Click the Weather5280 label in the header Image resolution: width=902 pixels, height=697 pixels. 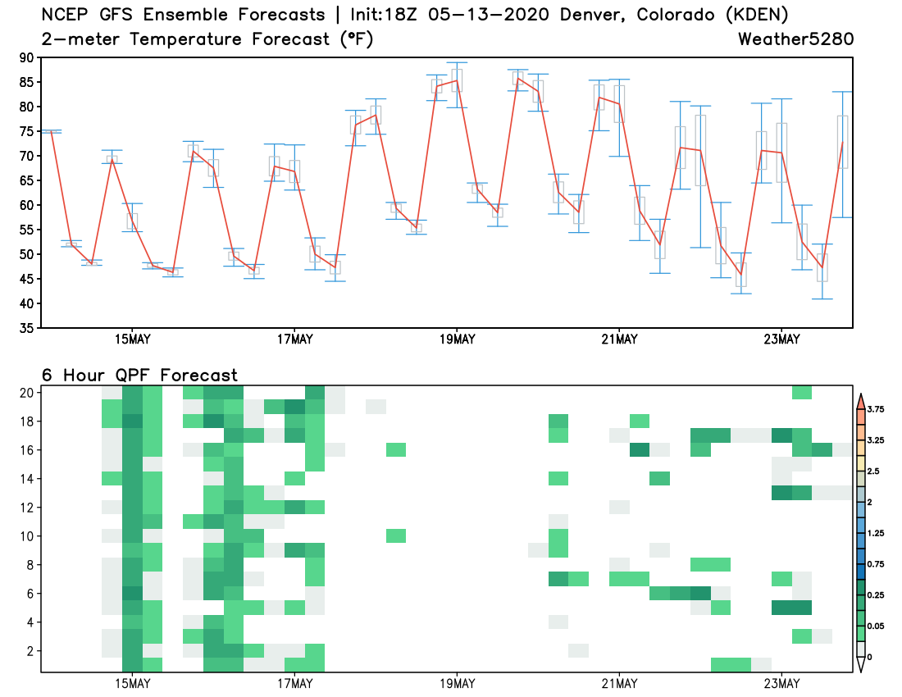pos(795,39)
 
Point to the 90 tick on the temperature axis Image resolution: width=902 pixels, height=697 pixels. pos(27,57)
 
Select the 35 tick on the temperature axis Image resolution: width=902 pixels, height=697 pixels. pos(27,328)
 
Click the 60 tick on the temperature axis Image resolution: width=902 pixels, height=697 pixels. pos(27,205)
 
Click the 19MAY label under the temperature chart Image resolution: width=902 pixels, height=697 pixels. pos(458,339)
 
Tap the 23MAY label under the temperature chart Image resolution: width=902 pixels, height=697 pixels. pos(781,339)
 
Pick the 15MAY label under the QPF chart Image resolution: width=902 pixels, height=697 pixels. pos(132,684)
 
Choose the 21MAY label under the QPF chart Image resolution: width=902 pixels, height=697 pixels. pos(620,684)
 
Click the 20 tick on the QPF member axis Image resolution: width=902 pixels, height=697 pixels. pos(27,393)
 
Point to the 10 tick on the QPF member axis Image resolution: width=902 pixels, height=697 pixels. pos(27,536)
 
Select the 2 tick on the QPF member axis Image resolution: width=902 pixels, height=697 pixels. pos(30,651)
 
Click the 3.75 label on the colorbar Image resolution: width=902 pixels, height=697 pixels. pos(876,409)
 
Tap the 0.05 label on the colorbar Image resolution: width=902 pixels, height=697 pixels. pos(876,626)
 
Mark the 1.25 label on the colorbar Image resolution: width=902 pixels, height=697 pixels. pos(876,533)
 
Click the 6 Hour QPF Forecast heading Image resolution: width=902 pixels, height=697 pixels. pos(139,376)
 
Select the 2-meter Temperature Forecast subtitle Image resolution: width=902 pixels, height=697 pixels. pos(207,39)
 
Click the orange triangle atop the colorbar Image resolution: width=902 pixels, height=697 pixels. pos(860,401)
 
